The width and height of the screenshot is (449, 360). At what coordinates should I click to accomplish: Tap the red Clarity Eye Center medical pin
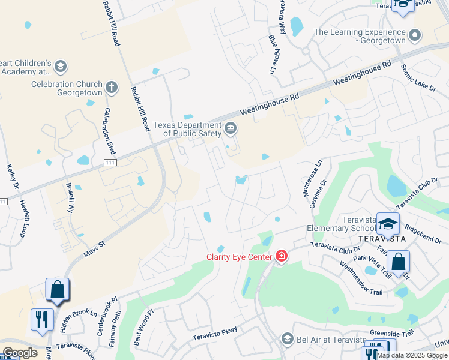280,257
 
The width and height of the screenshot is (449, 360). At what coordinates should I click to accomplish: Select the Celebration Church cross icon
110,88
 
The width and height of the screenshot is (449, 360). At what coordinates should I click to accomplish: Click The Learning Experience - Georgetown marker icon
414,36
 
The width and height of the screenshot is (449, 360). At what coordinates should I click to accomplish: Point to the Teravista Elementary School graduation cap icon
388,223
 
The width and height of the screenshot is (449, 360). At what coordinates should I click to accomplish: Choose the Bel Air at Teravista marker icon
286,340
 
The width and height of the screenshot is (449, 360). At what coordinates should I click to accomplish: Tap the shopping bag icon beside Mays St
57,290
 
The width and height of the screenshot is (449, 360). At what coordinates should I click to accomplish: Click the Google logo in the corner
20,353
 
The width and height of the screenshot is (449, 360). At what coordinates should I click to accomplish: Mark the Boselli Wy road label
70,198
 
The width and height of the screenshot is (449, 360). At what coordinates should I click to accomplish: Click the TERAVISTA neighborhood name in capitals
383,238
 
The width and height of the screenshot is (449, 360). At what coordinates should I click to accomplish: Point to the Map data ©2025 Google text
412,355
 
